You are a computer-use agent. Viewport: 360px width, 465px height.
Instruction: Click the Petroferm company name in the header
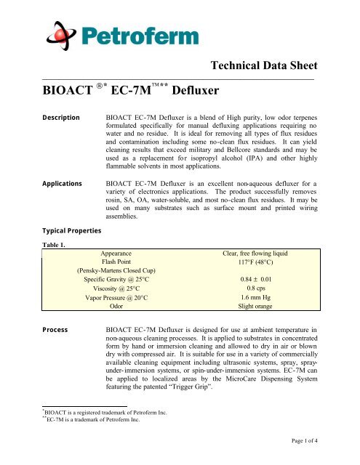pos(135,34)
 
